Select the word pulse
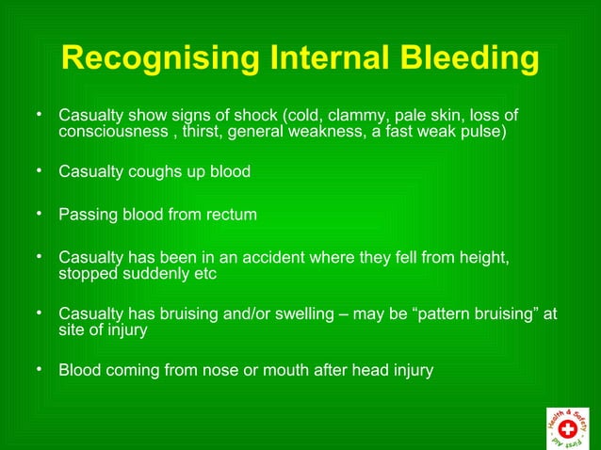point(483,132)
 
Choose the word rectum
point(231,215)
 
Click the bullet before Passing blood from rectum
point(40,214)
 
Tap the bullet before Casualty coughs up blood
point(40,172)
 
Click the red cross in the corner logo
point(567,427)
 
